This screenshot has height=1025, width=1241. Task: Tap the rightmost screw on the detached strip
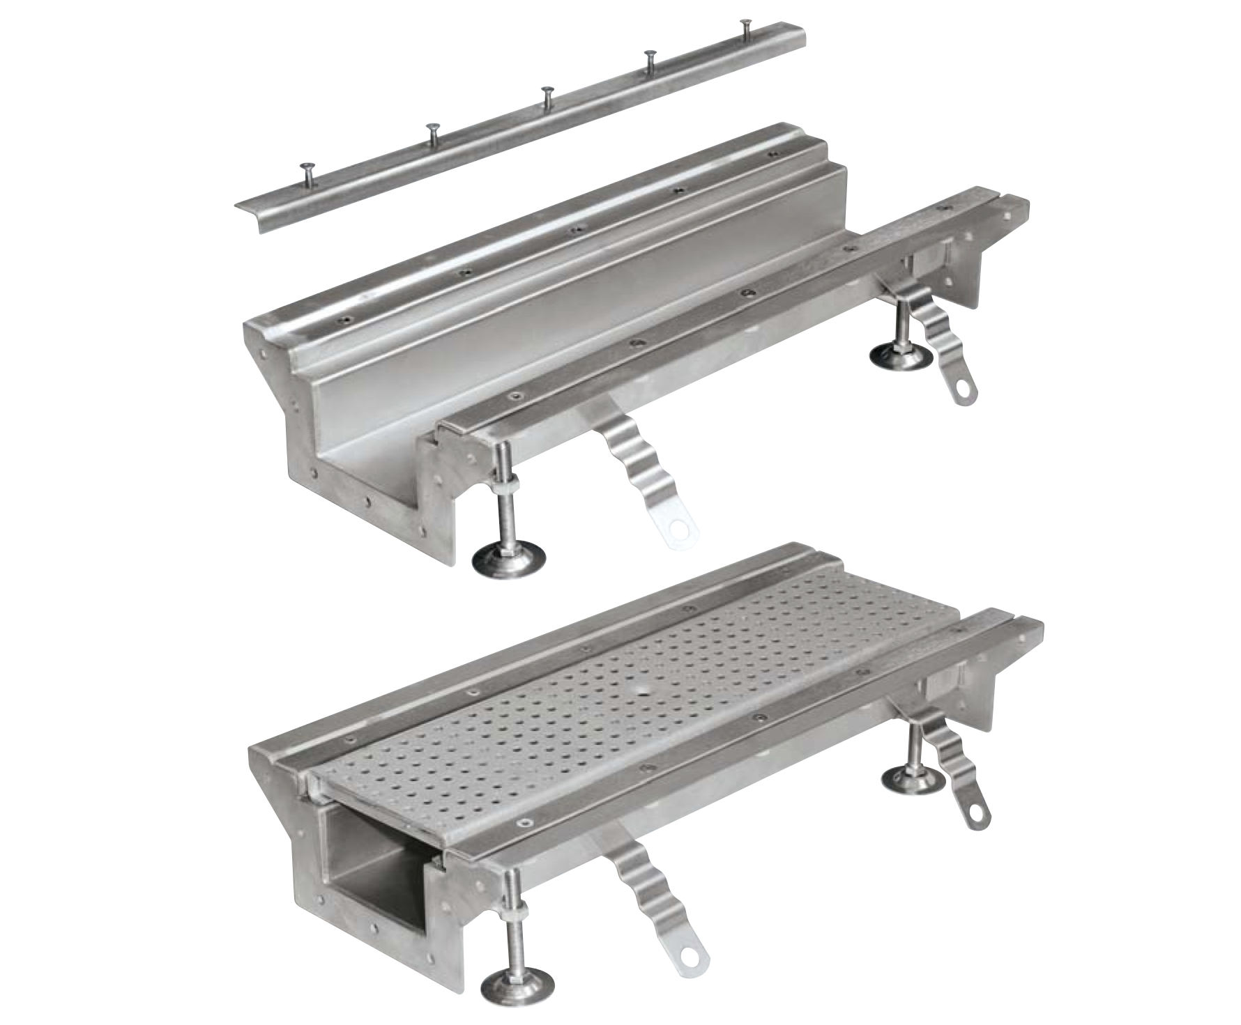[745, 23]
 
